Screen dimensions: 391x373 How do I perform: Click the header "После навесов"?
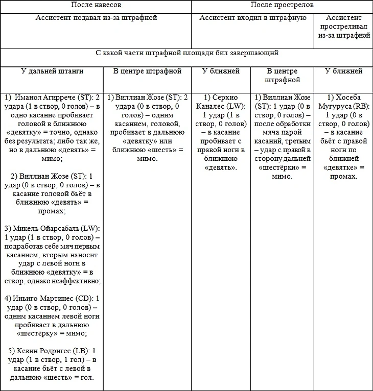click(96, 5)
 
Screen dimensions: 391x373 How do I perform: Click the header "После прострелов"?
click(282, 5)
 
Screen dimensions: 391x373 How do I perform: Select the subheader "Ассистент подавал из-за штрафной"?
click(96, 18)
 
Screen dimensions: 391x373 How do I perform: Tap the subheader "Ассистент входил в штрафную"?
click(252, 18)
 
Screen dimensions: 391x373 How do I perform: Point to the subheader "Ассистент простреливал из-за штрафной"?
click(343, 27)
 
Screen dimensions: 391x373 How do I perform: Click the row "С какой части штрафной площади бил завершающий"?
click(186, 53)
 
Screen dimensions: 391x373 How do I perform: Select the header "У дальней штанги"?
click(52, 71)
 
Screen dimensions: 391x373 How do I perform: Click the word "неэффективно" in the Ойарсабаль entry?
click(77, 281)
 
